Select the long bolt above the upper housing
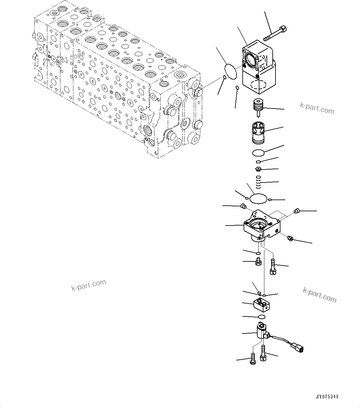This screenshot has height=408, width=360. point(275,34)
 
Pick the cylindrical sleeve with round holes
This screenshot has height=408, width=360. point(258,132)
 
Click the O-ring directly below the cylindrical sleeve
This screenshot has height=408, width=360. point(258,152)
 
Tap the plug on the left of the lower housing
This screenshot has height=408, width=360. point(243,206)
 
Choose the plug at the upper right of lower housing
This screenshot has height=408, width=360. point(297,211)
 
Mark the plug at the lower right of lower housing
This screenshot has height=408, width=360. point(290,238)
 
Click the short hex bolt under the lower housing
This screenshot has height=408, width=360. point(258,262)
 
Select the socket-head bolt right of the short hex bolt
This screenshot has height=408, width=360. point(273,267)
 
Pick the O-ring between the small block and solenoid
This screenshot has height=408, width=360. point(262,316)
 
